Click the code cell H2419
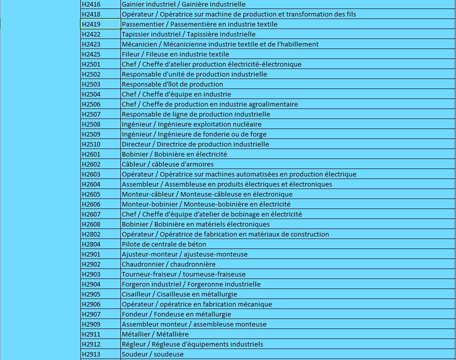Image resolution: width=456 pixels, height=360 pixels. (x=91, y=24)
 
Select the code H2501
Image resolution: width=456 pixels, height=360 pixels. (x=91, y=64)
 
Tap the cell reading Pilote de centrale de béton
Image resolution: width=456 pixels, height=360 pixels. (x=164, y=244)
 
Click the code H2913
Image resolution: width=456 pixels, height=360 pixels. (x=91, y=354)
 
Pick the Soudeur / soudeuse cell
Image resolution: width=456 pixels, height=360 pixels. (x=153, y=354)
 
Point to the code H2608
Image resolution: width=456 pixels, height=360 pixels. (x=91, y=224)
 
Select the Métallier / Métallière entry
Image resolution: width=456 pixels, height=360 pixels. (x=155, y=334)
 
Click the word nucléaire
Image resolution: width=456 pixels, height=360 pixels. (x=245, y=124)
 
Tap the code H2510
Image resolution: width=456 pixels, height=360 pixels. (x=91, y=144)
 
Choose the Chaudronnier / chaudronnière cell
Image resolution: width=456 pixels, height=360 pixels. (x=169, y=264)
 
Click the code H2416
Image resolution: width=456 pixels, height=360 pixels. (x=91, y=4)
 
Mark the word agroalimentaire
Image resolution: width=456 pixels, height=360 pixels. (x=271, y=104)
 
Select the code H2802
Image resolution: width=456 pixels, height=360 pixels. (x=91, y=234)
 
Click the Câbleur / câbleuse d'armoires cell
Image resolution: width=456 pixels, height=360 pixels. (x=168, y=164)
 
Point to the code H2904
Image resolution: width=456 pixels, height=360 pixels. (x=91, y=284)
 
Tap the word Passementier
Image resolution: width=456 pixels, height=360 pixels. (x=142, y=24)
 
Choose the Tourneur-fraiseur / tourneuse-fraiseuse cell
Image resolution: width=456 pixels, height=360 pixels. (x=184, y=274)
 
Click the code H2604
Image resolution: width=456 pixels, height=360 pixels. (x=91, y=184)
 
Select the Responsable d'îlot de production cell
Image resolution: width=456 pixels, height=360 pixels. (x=172, y=84)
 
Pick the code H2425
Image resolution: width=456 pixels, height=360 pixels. (x=91, y=54)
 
